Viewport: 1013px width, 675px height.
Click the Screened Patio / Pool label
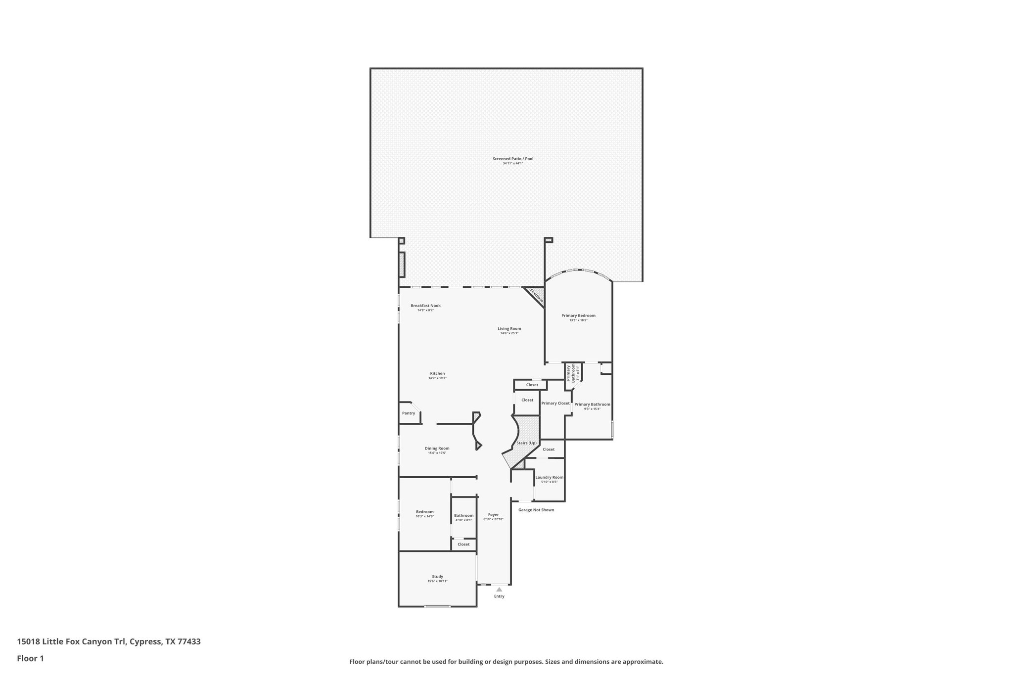512,159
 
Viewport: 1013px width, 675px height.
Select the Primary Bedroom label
578,315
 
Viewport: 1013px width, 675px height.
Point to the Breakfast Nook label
425,306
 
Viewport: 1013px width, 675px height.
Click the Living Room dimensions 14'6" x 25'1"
509,333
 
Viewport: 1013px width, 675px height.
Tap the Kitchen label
437,373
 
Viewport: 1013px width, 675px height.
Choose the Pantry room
409,413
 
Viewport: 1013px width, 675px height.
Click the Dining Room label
437,449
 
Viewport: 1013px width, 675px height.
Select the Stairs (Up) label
526,443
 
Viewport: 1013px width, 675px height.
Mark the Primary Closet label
555,404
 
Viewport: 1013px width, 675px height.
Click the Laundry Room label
549,477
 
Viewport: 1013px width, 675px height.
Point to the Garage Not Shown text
536,510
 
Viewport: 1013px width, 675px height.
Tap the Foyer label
493,515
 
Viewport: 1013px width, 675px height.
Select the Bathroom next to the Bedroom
463,516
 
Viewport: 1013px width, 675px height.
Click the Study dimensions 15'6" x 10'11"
437,581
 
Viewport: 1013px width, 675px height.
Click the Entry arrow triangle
499,589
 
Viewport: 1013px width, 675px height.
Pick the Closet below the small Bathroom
463,544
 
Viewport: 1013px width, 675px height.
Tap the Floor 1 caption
31,659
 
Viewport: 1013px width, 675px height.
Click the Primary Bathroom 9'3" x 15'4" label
592,405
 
